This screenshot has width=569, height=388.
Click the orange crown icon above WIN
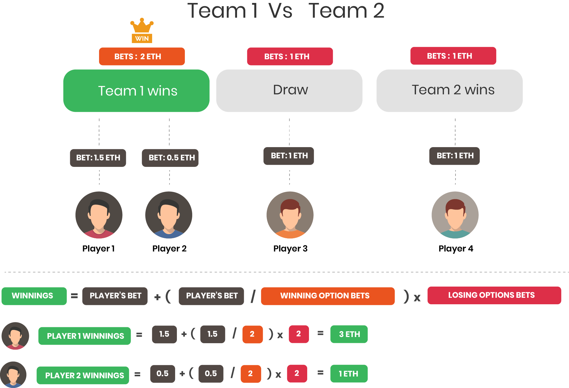pyautogui.click(x=142, y=26)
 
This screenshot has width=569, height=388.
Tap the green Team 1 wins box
pyautogui.click(x=137, y=91)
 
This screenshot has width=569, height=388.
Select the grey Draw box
pyautogui.click(x=289, y=91)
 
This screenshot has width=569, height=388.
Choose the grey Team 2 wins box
pyautogui.click(x=450, y=91)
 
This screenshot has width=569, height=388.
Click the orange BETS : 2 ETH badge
pyautogui.click(x=142, y=56)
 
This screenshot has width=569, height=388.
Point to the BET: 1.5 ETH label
pyautogui.click(x=98, y=158)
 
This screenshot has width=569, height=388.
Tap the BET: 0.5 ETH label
pyautogui.click(x=170, y=158)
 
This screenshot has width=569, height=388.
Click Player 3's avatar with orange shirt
pyautogui.click(x=290, y=215)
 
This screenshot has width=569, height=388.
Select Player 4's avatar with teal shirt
pyautogui.click(x=455, y=215)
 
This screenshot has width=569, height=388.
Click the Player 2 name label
pyautogui.click(x=170, y=249)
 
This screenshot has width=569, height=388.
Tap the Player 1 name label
pyautogui.click(x=98, y=249)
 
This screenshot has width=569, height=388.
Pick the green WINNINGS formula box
pyautogui.click(x=34, y=296)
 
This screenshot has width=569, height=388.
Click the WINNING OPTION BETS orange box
pyautogui.click(x=328, y=296)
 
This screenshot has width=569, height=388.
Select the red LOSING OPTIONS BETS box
pyautogui.click(x=494, y=295)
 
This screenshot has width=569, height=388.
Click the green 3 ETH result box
pyautogui.click(x=349, y=334)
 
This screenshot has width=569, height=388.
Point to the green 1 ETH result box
pyautogui.click(x=349, y=374)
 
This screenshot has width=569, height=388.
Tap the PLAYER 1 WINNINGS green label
pyautogui.click(x=85, y=336)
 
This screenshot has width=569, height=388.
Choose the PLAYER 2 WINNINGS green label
pyautogui.click(x=83, y=375)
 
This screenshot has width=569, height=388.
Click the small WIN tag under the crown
pyautogui.click(x=142, y=38)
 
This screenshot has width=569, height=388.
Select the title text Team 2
pyautogui.click(x=346, y=11)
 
